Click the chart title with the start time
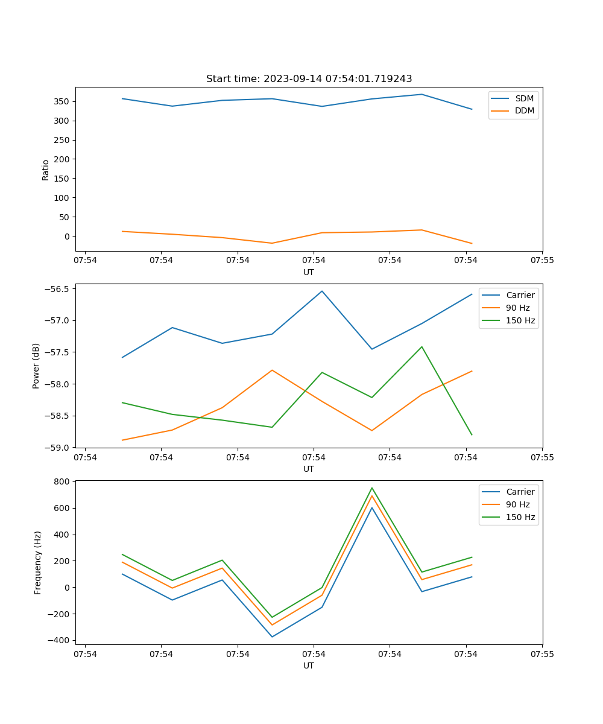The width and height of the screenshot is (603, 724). (x=309, y=79)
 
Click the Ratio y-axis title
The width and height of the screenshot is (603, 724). (x=46, y=170)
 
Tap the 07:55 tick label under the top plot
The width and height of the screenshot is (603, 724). (x=541, y=261)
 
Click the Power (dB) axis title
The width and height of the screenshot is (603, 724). (x=37, y=366)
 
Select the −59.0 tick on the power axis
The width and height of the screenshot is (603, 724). (x=59, y=448)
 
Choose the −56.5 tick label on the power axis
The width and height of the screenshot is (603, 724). (x=59, y=288)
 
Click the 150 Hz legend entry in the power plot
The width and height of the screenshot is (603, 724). (x=520, y=320)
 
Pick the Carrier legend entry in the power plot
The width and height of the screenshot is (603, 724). (x=520, y=295)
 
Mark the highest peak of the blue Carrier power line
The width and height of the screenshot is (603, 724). (x=322, y=291)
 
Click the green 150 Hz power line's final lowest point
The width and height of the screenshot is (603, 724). (x=472, y=435)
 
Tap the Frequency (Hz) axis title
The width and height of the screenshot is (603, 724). (x=38, y=562)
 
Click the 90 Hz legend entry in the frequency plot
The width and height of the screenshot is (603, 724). (x=518, y=504)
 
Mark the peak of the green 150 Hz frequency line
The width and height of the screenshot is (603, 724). (x=372, y=488)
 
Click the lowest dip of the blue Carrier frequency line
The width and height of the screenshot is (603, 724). (x=272, y=637)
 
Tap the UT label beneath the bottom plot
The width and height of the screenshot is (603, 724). (x=309, y=665)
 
